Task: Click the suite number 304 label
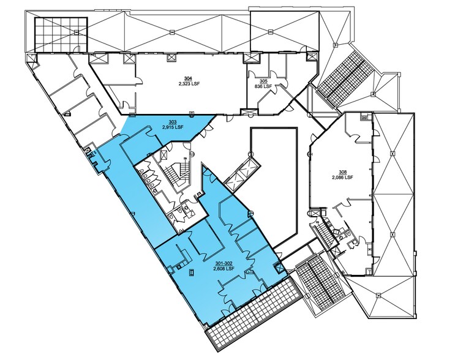tap(188, 78)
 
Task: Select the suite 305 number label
tap(263, 81)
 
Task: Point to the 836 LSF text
tap(263, 86)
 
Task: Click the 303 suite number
tap(173, 122)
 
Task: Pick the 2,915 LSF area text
tap(173, 127)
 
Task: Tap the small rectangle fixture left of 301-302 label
tap(191, 271)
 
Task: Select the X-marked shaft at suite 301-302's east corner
tap(280, 267)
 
